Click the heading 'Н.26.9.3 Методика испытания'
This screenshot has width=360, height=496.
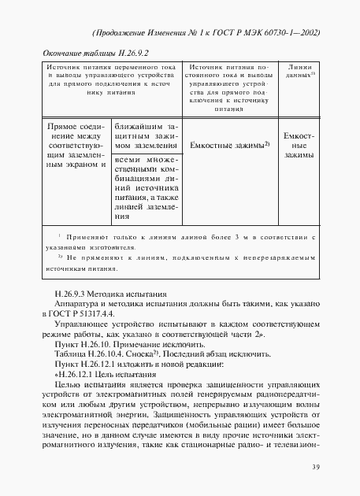point(102,293)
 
